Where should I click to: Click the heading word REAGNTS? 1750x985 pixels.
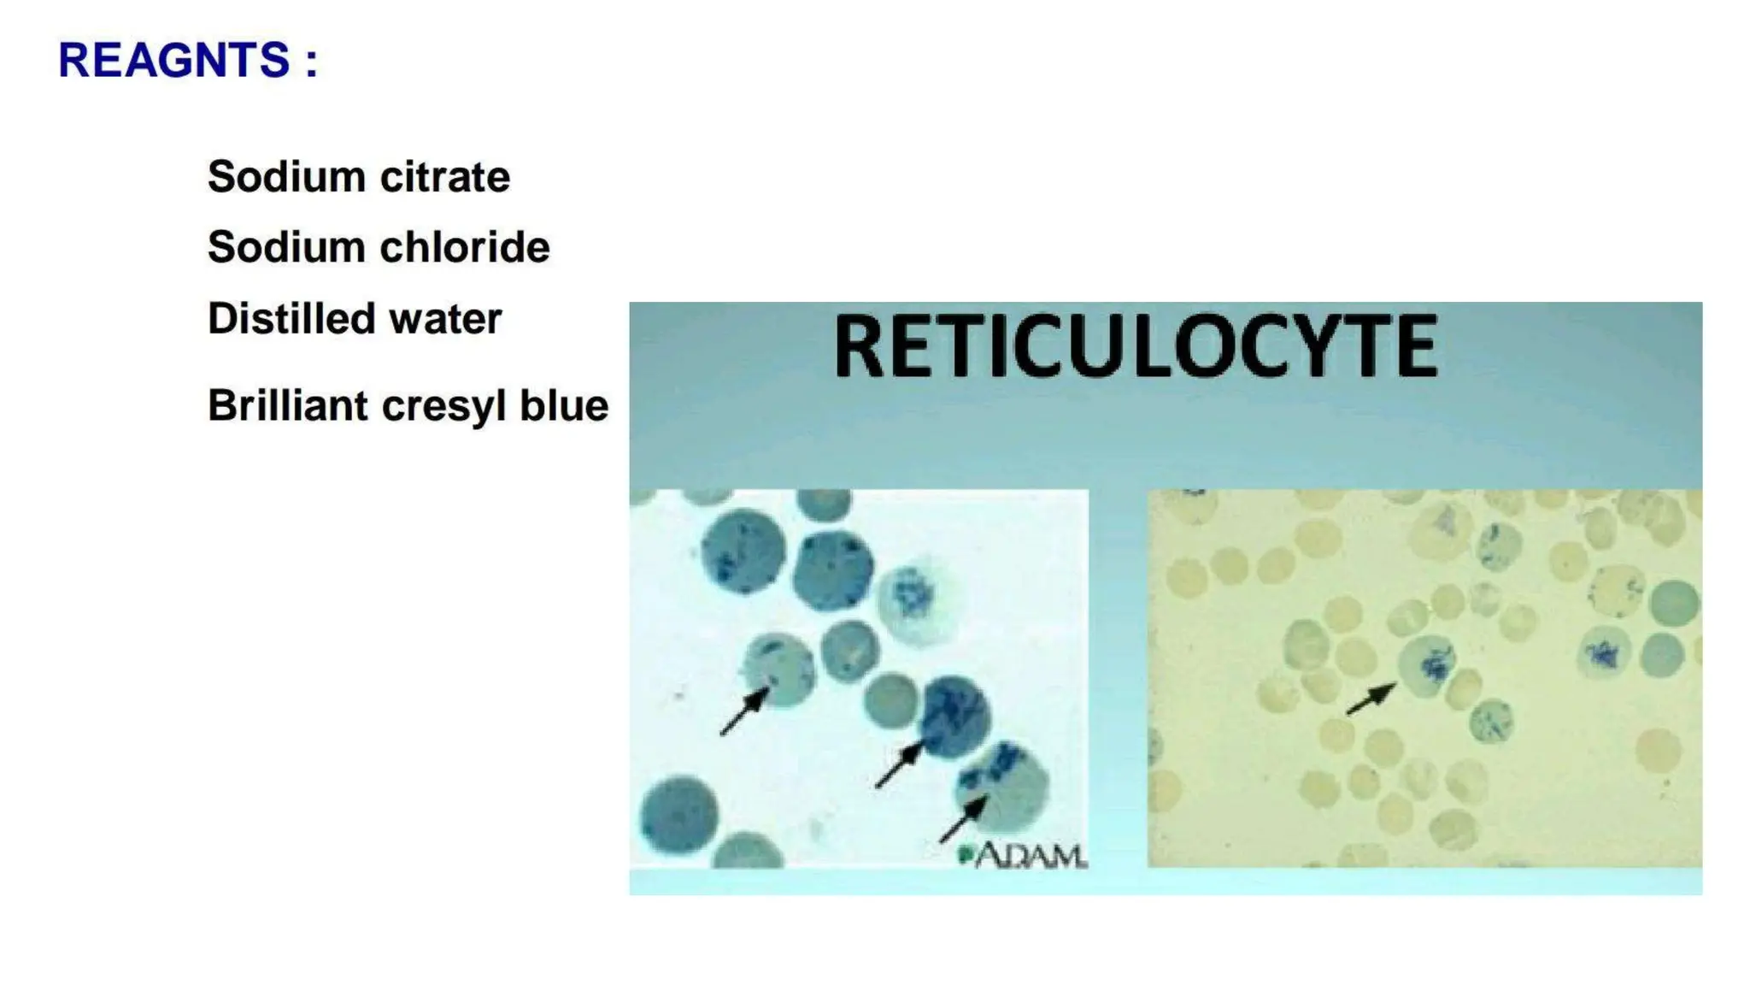click(174, 61)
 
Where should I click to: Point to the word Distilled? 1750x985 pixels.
click(291, 319)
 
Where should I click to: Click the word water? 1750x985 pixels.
click(445, 320)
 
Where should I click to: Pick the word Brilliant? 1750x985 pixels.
click(287, 405)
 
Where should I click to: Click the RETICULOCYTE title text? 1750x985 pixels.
click(1136, 346)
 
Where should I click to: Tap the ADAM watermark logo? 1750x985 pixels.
click(1025, 854)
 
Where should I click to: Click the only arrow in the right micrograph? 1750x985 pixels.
click(1371, 699)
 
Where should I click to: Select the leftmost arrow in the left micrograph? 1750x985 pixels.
click(744, 711)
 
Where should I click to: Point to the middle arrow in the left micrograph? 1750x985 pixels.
click(900, 764)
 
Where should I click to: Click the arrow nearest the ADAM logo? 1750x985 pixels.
click(963, 818)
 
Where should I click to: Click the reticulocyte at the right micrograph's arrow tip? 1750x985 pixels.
click(1427, 664)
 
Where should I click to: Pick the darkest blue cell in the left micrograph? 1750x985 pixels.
click(954, 717)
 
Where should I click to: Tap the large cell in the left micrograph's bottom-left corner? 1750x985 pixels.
click(679, 815)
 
